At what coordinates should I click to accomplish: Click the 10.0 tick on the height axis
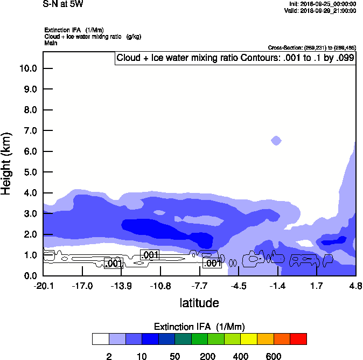pos(29,68)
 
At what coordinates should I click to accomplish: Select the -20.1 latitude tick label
pos(43,286)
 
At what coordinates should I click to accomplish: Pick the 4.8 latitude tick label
pos(355,286)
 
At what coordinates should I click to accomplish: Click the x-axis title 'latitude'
pos(199,303)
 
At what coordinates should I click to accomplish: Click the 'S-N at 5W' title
pos(63,4)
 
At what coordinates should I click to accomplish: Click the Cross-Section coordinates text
pos(312,48)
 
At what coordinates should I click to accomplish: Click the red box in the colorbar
pos(298,339)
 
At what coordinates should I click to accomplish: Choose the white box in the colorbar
pos(101,339)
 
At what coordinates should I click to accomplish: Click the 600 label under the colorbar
pos(274,356)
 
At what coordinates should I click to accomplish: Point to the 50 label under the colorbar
pos(174,356)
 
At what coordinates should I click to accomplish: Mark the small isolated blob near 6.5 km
pos(276,141)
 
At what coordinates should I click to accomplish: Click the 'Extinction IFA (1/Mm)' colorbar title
pos(199,327)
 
